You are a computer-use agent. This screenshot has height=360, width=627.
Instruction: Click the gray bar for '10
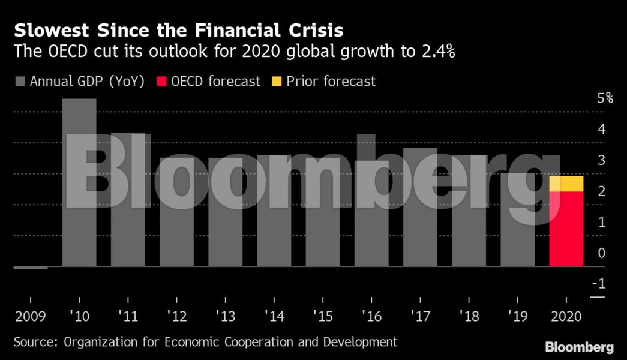(79, 180)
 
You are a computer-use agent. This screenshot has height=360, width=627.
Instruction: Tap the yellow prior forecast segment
(566, 184)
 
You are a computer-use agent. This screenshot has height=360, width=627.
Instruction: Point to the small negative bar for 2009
(30, 268)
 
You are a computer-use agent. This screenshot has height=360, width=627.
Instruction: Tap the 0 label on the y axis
(601, 253)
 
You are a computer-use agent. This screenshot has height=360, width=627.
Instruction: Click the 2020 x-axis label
(566, 316)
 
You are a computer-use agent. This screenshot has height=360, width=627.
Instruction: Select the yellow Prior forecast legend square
(276, 82)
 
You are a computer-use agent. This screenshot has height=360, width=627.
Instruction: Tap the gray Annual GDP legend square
(20, 82)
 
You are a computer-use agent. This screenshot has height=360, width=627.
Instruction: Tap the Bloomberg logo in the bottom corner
(579, 347)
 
